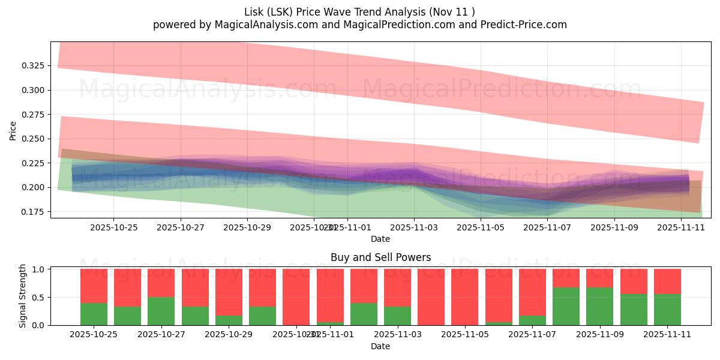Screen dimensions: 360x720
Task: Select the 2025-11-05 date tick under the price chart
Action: pyautogui.click(x=481, y=228)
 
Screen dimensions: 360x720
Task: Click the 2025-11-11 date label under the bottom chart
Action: pyautogui.click(x=667, y=335)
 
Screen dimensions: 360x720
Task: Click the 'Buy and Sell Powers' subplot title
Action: pyautogui.click(x=380, y=257)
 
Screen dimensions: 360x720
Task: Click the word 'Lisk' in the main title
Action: pyautogui.click(x=255, y=11)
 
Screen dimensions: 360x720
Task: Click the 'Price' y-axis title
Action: pyautogui.click(x=13, y=130)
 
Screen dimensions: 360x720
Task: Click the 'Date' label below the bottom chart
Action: pyautogui.click(x=380, y=346)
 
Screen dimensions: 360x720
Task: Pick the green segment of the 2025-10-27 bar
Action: pyautogui.click(x=161, y=311)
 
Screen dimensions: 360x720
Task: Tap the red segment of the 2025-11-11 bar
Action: pyautogui.click(x=667, y=281)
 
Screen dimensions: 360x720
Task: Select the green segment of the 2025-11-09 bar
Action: pyautogui.click(x=599, y=306)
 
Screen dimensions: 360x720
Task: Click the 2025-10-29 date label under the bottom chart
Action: pyautogui.click(x=229, y=335)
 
